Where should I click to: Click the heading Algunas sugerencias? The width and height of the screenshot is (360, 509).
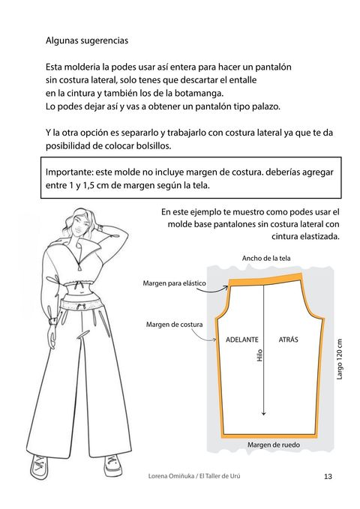[87, 41]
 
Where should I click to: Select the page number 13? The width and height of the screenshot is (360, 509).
[328, 476]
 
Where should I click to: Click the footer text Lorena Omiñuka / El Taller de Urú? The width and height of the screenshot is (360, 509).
[194, 476]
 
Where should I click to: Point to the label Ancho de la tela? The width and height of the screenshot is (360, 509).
[266, 259]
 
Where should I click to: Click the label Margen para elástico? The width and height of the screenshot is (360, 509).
[174, 283]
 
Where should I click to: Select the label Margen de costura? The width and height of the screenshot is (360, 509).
[174, 325]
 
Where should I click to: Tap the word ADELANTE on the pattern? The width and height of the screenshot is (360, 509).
[242, 340]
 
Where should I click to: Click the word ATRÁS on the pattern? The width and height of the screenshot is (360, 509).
[288, 340]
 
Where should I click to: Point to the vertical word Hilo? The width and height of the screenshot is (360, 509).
[259, 355]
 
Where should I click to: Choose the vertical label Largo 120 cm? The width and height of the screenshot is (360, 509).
[340, 359]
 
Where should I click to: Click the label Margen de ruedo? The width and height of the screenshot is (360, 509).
[274, 445]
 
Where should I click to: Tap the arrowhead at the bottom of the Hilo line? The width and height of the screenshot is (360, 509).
[263, 413]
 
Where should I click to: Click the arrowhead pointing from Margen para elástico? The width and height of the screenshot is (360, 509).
[226, 286]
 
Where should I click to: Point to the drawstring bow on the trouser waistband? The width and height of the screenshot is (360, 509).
[80, 306]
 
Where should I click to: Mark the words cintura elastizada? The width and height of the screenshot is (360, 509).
[305, 236]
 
